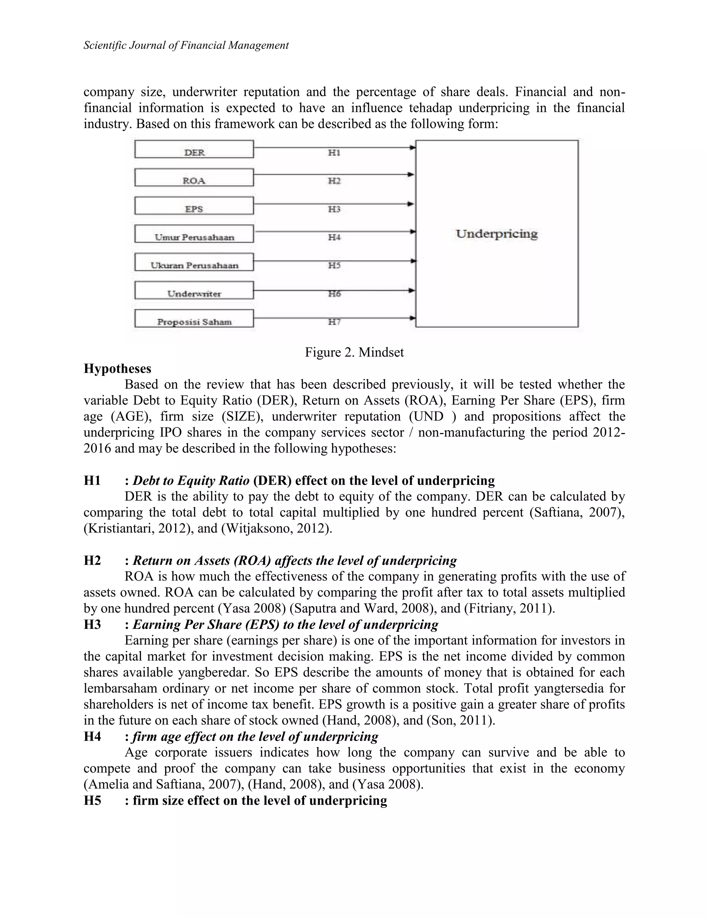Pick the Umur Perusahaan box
194,234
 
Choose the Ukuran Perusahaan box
194,262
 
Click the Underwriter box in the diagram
194,290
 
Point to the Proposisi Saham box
194,319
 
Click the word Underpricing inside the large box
496,234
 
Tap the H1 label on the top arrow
334,153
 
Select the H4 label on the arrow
334,238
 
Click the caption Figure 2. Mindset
354,352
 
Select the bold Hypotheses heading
117,368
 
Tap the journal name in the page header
186,45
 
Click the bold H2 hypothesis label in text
92,560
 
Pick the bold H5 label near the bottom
92,800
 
